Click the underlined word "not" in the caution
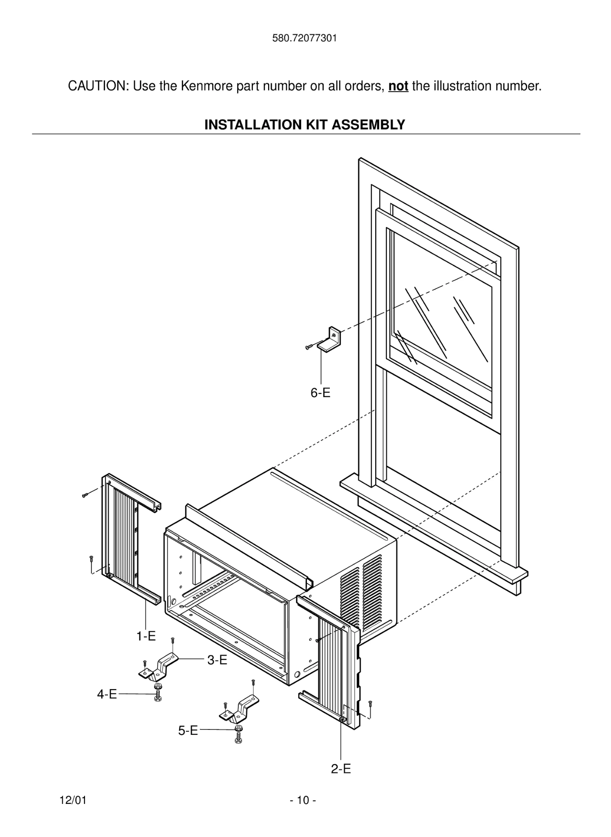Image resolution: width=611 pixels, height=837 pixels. coord(398,86)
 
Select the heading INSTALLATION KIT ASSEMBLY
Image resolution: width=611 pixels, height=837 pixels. coord(304,124)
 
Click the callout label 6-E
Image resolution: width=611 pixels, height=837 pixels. coord(320,393)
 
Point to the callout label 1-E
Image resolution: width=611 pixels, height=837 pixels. coord(146,636)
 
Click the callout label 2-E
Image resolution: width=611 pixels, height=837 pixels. coord(341,769)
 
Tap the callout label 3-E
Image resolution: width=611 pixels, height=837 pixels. coord(217,660)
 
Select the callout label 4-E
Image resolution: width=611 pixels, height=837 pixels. coord(107,694)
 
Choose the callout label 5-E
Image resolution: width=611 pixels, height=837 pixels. coord(188,730)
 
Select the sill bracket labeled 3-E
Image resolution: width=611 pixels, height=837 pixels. coord(159,668)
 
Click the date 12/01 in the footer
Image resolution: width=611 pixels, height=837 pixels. coord(73,800)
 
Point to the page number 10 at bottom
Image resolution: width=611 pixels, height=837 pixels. coord(303,800)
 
